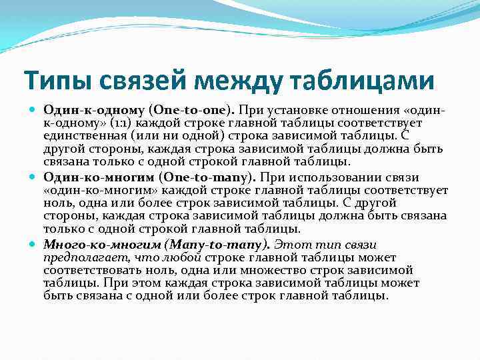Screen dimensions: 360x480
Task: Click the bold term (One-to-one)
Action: click(192, 109)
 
